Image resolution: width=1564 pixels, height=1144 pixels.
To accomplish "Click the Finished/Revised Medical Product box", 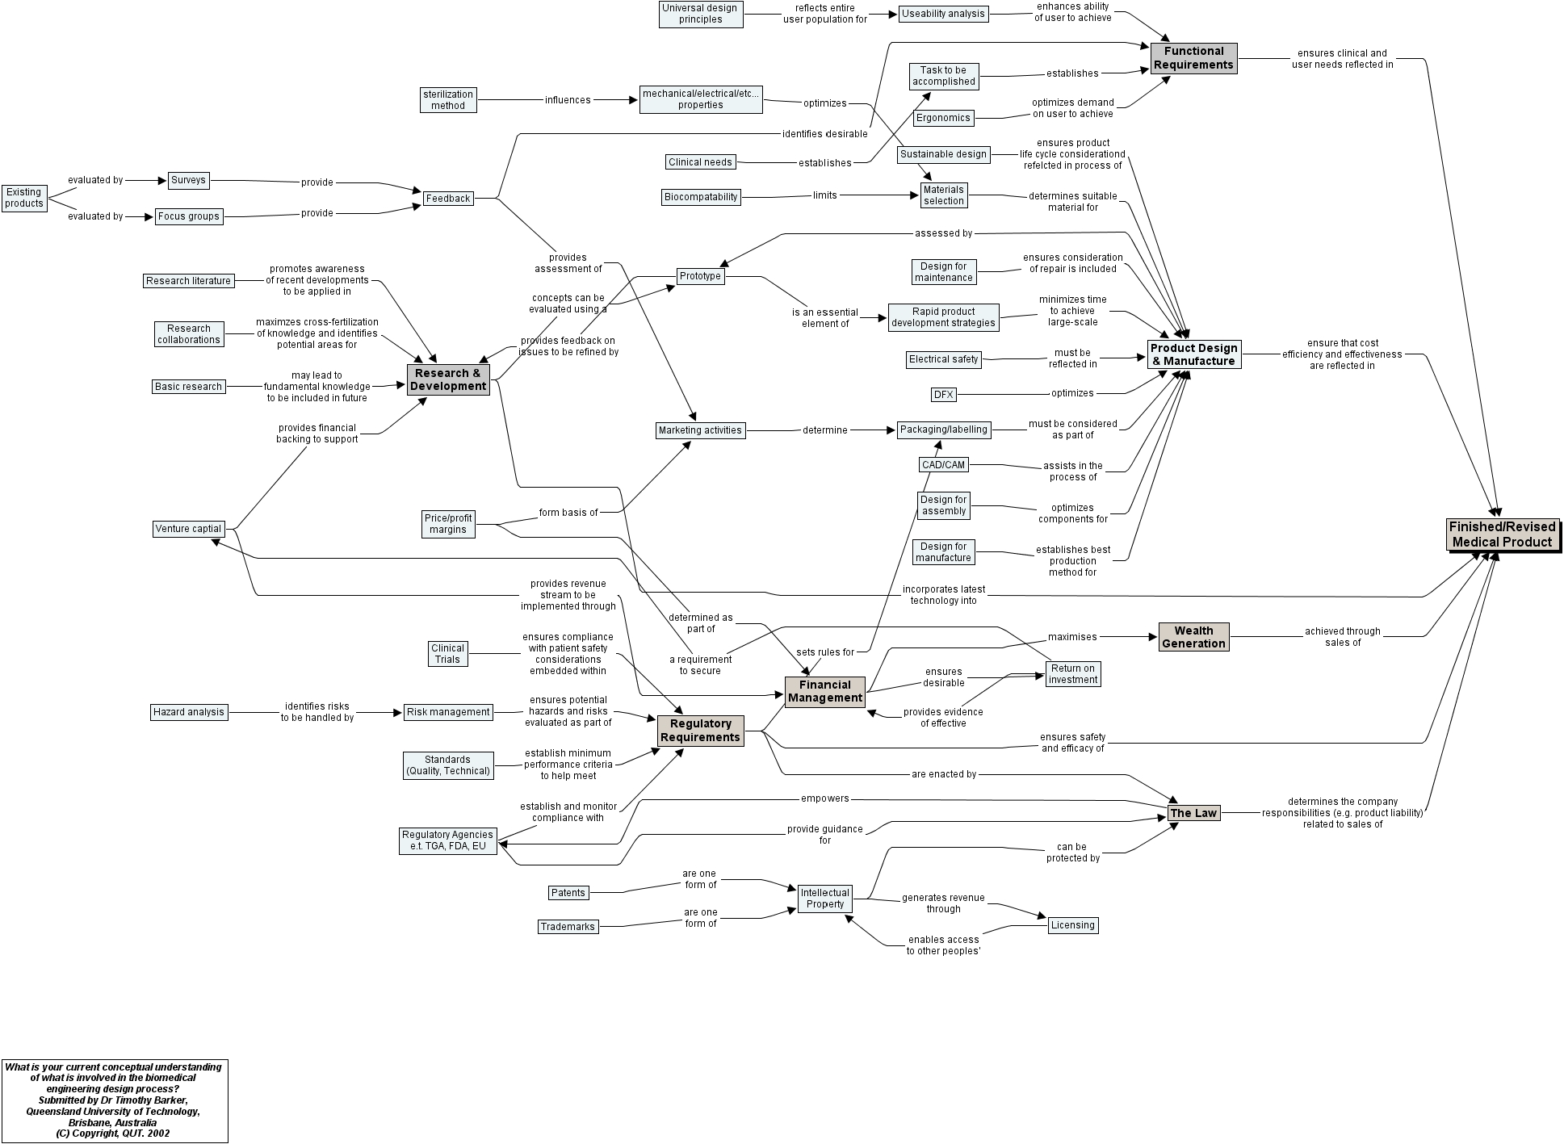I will [x=1502, y=534].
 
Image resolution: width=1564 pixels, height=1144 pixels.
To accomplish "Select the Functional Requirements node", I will [x=1193, y=58].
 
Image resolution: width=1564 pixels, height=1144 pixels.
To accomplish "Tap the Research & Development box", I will [x=448, y=379].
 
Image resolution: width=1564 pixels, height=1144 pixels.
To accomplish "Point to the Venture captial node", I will [x=188, y=529].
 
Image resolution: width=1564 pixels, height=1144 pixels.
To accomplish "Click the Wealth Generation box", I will [x=1193, y=637].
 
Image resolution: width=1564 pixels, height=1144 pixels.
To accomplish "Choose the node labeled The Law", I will [x=1193, y=813].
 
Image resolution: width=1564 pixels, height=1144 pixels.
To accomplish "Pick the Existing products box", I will [x=24, y=198].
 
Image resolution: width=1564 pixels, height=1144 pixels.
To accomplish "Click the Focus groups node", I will [x=188, y=216].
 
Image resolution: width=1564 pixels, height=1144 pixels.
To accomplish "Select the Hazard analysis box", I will [x=189, y=712].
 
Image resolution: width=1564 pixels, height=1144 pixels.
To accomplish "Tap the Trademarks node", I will [x=568, y=927].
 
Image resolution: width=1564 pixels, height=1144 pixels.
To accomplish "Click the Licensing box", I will [x=1072, y=925].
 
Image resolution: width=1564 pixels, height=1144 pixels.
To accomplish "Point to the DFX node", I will [x=943, y=395].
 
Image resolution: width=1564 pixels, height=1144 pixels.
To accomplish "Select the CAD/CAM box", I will [x=943, y=465].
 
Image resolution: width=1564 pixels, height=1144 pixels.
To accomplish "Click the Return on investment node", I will [x=1072, y=674].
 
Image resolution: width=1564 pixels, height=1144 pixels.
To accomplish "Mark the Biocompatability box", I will [x=701, y=197].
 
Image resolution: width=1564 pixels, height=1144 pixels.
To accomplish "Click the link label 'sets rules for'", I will [x=824, y=652].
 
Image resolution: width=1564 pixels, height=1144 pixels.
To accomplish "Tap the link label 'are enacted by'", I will [x=943, y=774].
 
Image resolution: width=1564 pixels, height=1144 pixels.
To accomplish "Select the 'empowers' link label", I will [x=824, y=798].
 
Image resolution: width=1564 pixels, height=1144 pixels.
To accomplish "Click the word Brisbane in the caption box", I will [x=89, y=1122].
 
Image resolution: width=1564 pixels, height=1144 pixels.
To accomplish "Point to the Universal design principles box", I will [x=701, y=14].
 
